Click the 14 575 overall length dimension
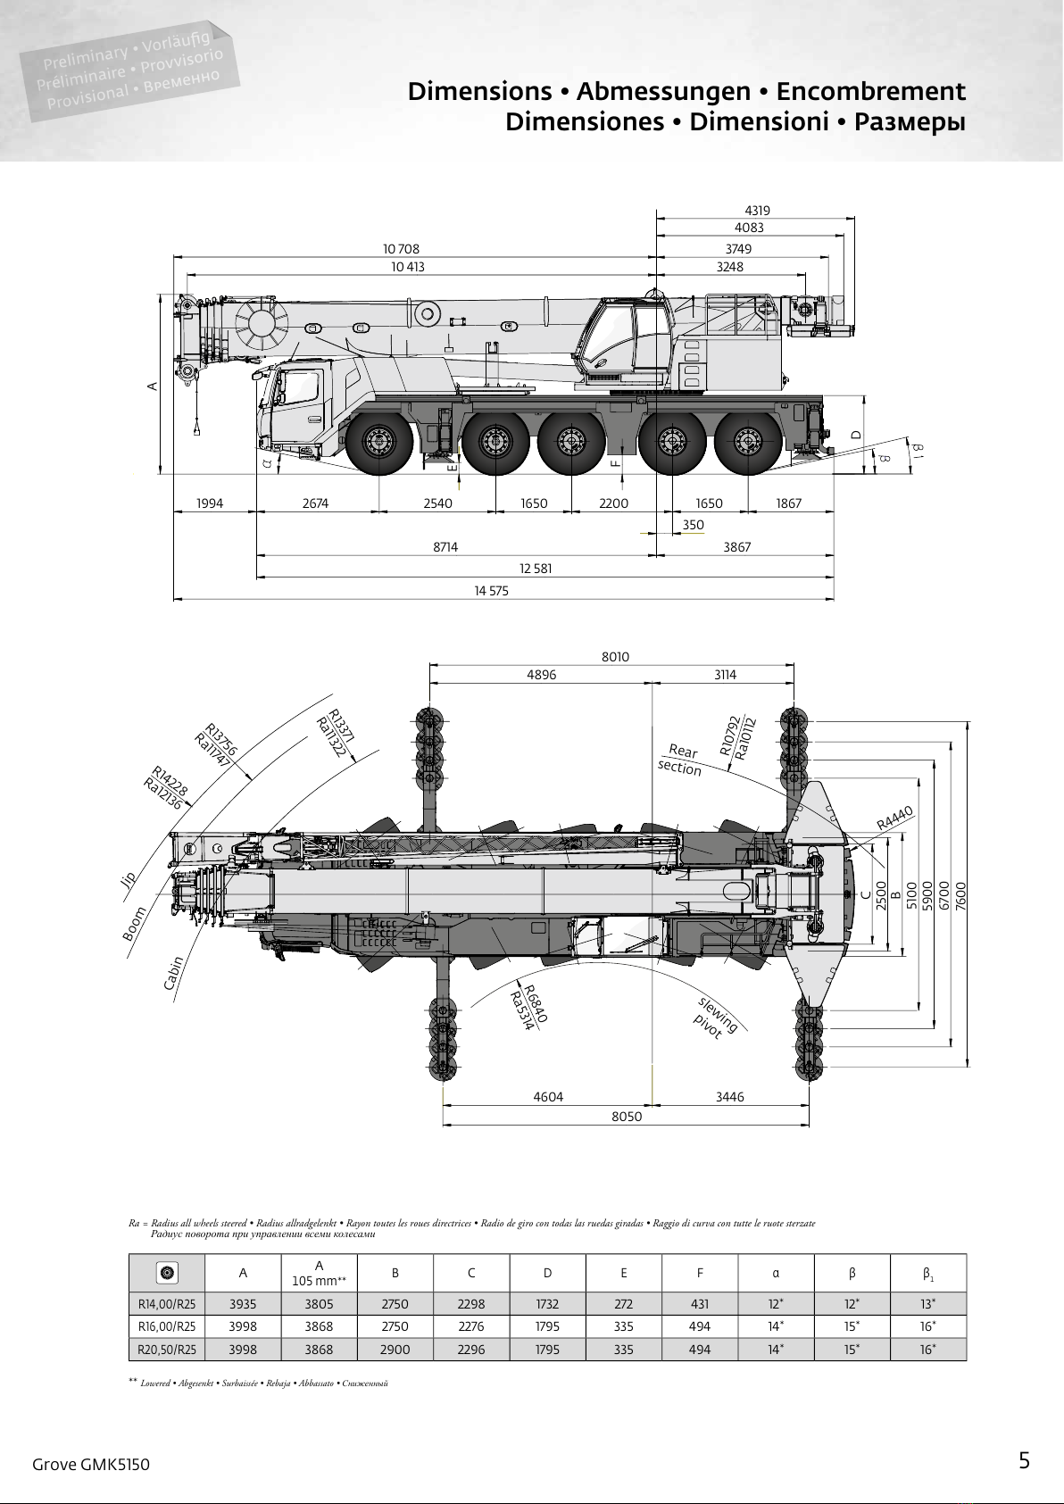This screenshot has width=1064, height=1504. (492, 591)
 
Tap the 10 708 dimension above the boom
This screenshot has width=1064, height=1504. (401, 249)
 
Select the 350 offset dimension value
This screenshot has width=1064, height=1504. (694, 525)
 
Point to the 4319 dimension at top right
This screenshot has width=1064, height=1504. (757, 211)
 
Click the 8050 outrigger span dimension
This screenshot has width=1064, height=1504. (627, 1117)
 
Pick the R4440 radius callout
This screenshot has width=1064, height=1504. (894, 818)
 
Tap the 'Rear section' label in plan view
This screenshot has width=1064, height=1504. (681, 760)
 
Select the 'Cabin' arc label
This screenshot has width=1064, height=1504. (173, 973)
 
